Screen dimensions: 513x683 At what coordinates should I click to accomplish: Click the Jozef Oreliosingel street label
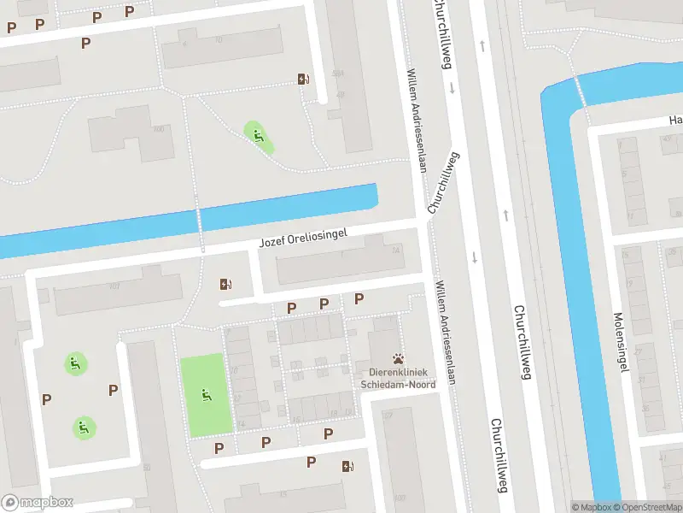pos(305,239)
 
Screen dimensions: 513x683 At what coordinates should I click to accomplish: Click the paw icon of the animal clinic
pos(398,359)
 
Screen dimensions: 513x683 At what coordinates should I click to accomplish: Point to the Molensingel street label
pos(621,341)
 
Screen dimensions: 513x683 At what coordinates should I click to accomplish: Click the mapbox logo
pos(38,503)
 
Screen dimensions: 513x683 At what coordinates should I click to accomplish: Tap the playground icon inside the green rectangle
pos(205,395)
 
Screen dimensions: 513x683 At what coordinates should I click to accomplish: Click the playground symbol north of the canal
pos(257,134)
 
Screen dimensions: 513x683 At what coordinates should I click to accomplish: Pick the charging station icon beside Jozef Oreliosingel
pos(225,284)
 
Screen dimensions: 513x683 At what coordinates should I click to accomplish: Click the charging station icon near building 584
pos(303,80)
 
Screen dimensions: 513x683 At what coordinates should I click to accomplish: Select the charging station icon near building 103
pos(347,466)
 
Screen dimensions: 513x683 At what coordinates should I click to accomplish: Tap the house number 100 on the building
pos(158,129)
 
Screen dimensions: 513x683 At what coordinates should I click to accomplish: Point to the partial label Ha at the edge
pos(675,121)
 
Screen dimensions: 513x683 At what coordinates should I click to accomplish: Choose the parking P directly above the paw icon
pos(359,298)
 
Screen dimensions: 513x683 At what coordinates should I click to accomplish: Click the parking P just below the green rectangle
pos(219,447)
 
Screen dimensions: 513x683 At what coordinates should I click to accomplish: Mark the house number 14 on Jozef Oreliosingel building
pos(395,251)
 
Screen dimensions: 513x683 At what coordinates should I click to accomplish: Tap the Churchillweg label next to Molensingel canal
pos(522,342)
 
